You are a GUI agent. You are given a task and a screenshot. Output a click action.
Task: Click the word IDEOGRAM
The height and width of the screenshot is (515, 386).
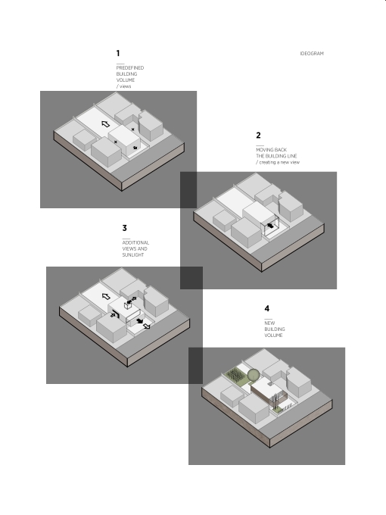click(x=312, y=54)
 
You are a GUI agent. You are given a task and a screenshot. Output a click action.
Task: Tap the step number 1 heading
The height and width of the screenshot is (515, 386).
click(x=118, y=53)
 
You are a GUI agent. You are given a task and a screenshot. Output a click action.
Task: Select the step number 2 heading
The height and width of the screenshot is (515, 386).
click(x=258, y=136)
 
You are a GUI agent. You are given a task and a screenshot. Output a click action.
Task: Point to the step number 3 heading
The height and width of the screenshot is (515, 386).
click(x=124, y=228)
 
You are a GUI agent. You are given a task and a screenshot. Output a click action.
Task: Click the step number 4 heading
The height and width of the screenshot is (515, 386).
click(x=267, y=308)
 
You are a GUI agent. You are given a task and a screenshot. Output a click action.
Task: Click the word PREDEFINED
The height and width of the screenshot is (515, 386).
click(x=130, y=68)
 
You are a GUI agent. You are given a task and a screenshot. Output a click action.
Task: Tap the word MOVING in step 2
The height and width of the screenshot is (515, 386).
click(x=263, y=150)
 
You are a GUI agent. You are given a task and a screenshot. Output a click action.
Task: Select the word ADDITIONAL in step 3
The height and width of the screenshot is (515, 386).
click(x=135, y=242)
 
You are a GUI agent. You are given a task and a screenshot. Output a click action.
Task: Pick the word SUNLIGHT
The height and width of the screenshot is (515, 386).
click(x=133, y=255)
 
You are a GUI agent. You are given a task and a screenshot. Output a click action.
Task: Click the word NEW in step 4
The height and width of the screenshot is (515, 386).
click(x=269, y=323)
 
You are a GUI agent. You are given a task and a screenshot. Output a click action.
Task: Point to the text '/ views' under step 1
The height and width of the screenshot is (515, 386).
click(x=123, y=86)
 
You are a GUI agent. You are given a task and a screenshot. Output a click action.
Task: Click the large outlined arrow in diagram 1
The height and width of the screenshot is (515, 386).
click(x=105, y=123)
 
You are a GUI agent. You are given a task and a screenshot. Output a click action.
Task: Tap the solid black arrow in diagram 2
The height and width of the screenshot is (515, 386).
click(x=270, y=226)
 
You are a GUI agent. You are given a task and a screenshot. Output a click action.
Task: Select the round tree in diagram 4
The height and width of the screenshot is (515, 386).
click(x=254, y=375)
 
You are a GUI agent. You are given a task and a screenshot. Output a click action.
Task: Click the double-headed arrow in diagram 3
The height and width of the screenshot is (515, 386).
click(x=132, y=301)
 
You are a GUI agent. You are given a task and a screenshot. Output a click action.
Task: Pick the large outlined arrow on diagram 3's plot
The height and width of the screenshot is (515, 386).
click(x=106, y=297)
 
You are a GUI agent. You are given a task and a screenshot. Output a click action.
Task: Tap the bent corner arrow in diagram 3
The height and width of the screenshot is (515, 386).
click(x=114, y=314)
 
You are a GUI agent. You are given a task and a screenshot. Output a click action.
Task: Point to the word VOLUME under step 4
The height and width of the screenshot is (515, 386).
click(x=273, y=336)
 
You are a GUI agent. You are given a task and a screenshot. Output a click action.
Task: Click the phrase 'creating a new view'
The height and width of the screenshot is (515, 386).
click(x=279, y=162)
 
